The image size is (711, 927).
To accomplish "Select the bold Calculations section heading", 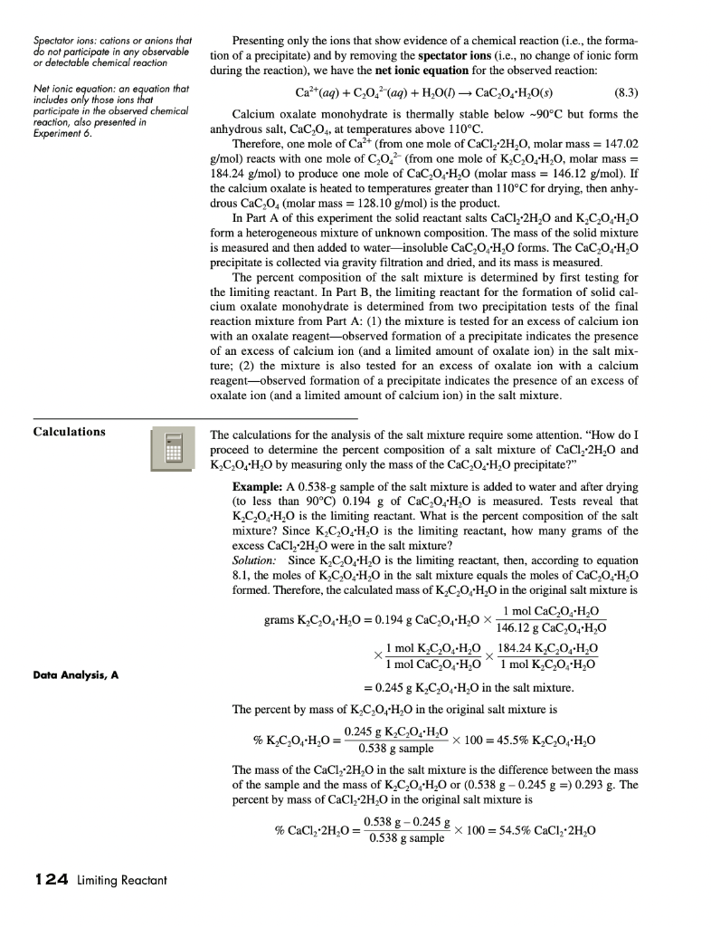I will point(69,432).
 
